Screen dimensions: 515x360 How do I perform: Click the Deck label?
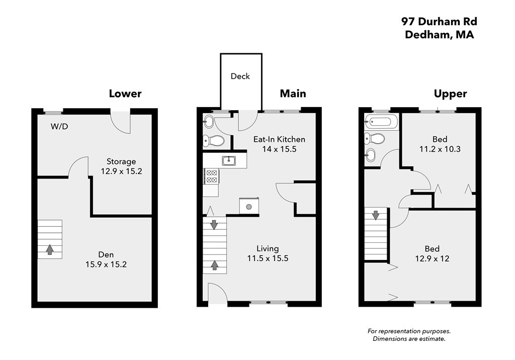pos(240,76)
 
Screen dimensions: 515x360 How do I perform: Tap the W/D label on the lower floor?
pos(59,127)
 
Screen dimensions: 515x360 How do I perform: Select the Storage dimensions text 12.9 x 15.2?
pos(121,171)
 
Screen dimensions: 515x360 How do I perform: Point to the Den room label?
pos(106,254)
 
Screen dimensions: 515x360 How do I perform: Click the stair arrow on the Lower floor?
pos(50,249)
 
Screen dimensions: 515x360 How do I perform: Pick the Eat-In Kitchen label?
pos(279,139)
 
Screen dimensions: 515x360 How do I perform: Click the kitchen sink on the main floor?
pos(229,160)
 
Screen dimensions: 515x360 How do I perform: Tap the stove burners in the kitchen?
pos(211,176)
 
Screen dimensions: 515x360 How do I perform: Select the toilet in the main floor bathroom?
pos(213,141)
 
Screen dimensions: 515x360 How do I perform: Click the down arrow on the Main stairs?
pos(214,225)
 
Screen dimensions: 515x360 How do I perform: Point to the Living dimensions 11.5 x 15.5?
pos(268,258)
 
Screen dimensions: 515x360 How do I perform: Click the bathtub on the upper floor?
pos(381,122)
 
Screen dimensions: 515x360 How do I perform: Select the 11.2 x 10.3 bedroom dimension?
pos(440,149)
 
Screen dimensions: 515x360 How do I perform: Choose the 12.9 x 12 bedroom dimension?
pos(432,259)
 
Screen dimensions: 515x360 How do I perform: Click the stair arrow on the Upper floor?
pos(375,215)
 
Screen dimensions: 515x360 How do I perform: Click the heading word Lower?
pos(125,94)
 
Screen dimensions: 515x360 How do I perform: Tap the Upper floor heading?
pos(450,94)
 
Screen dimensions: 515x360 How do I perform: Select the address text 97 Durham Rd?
pos(439,22)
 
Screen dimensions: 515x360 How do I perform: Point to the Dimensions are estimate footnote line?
pos(409,339)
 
